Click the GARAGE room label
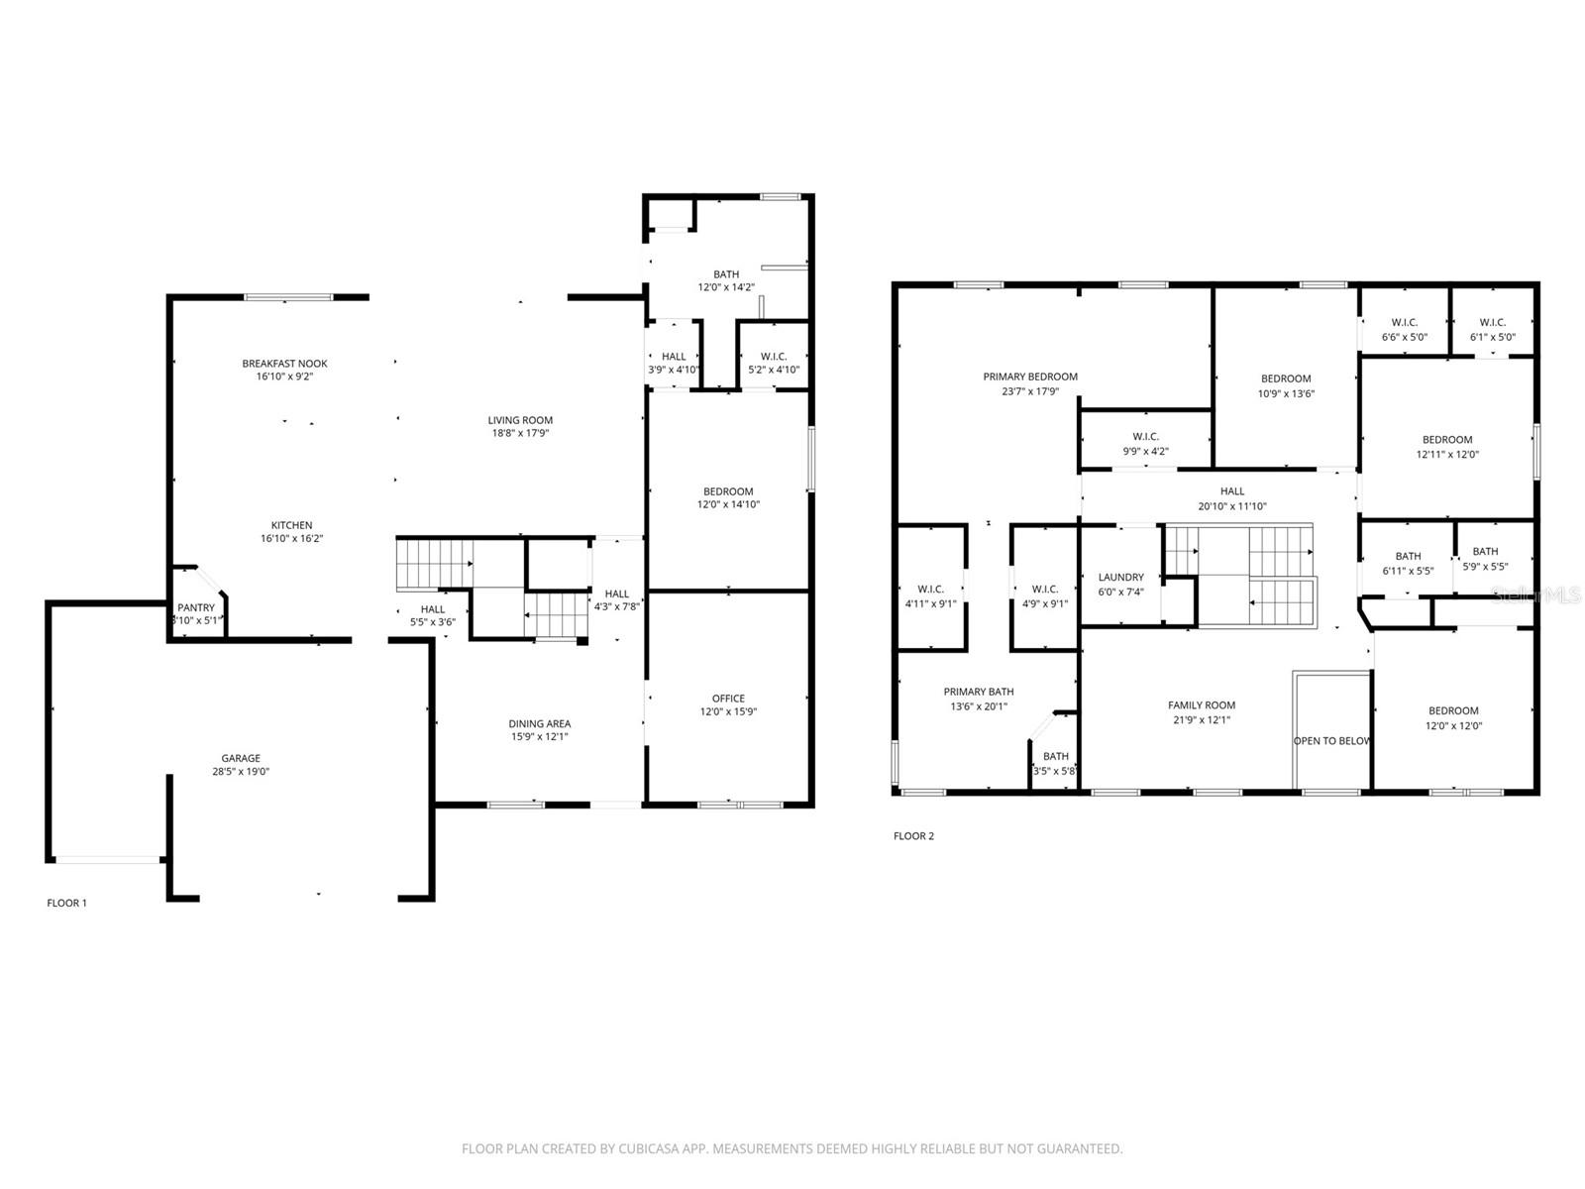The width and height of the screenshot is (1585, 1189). coord(241,758)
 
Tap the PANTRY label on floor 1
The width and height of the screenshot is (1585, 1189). coord(196,607)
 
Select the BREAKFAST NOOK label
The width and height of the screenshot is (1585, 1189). coord(284,364)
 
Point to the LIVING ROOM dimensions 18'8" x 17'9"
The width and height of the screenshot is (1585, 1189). coord(520,433)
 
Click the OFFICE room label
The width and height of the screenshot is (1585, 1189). coord(728,699)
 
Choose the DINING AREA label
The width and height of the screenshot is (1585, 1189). coord(539,723)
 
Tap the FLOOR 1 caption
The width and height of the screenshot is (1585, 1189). coord(67,903)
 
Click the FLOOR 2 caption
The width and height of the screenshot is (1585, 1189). coord(913,836)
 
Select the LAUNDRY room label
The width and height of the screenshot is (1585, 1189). coord(1120,577)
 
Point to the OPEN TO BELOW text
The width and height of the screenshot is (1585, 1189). coord(1331,741)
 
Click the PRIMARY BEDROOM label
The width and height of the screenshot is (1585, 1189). coord(1030,377)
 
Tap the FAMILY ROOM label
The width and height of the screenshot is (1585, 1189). coord(1201,705)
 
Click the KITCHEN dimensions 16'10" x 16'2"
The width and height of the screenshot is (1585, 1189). coord(291,539)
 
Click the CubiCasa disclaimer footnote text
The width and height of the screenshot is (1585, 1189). coord(792,1149)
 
